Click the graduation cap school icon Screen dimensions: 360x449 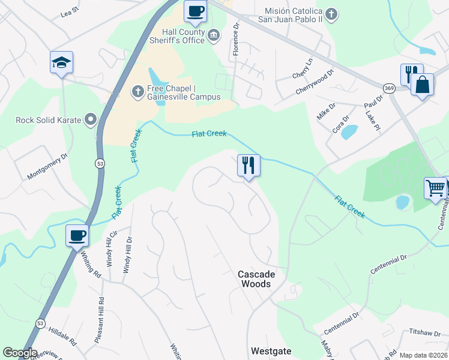61,62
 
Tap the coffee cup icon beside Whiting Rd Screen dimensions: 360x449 77,235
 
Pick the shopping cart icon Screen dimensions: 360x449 435,188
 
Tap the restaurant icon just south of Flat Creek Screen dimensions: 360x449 249,164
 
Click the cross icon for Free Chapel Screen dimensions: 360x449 136,92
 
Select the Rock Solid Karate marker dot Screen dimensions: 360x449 91,120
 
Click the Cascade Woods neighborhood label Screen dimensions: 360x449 256,279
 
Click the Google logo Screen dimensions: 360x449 20,353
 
